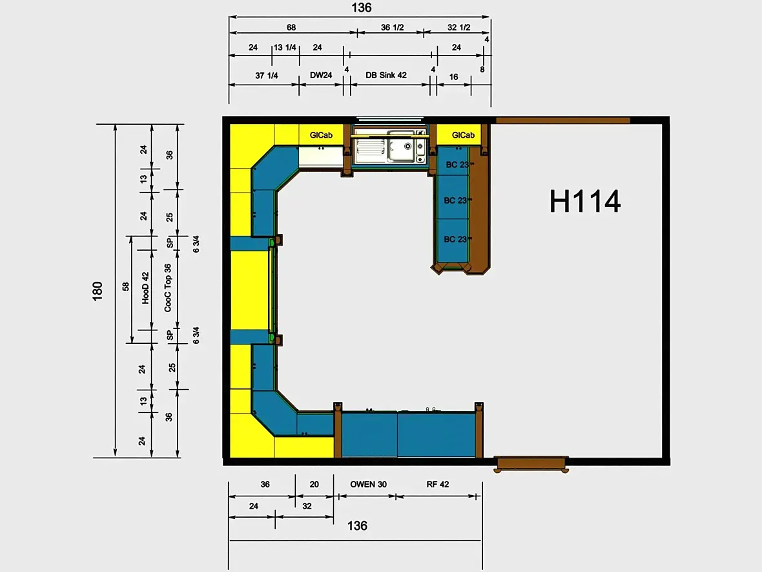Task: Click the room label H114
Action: click(x=584, y=202)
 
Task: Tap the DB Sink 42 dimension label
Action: click(x=386, y=75)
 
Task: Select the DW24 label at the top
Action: click(x=321, y=75)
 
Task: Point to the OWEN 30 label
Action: click(x=368, y=484)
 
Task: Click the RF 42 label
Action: click(x=437, y=484)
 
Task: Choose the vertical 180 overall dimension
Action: click(x=98, y=291)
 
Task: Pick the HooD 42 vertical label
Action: click(x=145, y=288)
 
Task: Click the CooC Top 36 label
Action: click(x=168, y=288)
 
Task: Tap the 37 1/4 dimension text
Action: click(x=266, y=76)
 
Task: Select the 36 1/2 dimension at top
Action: click(x=392, y=27)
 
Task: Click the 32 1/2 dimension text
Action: click(x=458, y=27)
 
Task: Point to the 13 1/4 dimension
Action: click(x=285, y=47)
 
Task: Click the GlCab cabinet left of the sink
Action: click(x=321, y=134)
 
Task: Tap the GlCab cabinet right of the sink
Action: click(x=462, y=134)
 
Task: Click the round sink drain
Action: click(x=407, y=146)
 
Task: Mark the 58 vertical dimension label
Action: click(x=126, y=286)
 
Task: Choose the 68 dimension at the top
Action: click(x=291, y=27)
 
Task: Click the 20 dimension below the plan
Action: click(x=314, y=484)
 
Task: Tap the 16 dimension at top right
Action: click(x=453, y=77)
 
